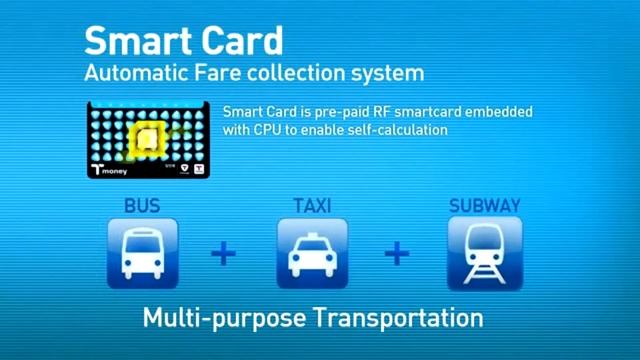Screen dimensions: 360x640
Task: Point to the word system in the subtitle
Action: (x=382, y=73)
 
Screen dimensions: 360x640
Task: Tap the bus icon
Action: (x=143, y=253)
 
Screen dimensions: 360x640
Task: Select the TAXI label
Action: (x=312, y=206)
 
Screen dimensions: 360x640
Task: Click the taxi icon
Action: (x=312, y=253)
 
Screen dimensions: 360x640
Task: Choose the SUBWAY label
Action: (x=484, y=206)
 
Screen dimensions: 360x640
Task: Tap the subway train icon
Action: (x=484, y=253)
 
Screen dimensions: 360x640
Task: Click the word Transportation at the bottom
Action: (x=397, y=319)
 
